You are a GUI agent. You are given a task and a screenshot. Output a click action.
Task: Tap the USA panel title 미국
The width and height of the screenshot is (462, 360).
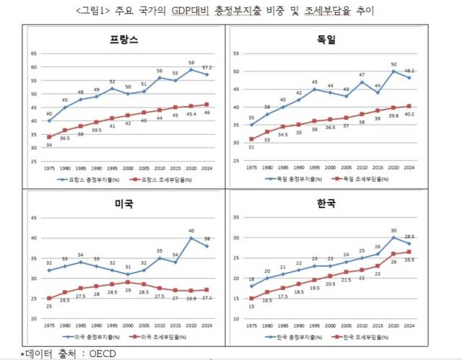click(x=124, y=203)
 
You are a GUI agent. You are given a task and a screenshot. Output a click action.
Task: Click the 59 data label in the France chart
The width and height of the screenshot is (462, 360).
click(x=191, y=63)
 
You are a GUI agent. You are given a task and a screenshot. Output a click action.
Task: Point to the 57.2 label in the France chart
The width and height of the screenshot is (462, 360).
click(x=208, y=67)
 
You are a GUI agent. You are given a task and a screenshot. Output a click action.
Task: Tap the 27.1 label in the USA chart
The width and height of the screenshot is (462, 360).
click(x=208, y=297)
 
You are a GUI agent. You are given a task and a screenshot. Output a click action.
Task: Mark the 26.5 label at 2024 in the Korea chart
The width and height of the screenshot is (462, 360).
click(x=409, y=260)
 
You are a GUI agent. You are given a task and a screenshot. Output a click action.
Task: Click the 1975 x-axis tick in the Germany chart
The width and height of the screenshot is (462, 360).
click(x=250, y=165)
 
